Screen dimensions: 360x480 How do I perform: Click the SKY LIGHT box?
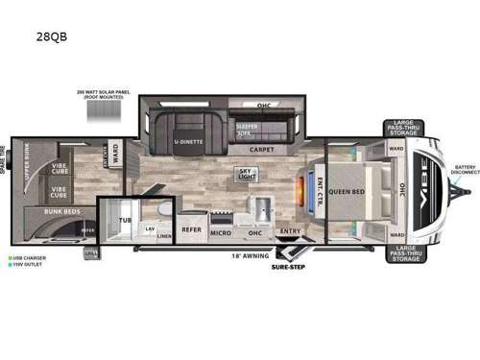pyautogui.click(x=247, y=174)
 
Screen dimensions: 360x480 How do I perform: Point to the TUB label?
pyautogui.click(x=124, y=220)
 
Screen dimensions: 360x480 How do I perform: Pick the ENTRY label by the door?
pyautogui.click(x=288, y=230)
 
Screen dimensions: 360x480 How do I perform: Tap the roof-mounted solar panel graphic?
pyautogui.click(x=103, y=110)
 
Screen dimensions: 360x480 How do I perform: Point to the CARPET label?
pyautogui.click(x=261, y=150)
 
